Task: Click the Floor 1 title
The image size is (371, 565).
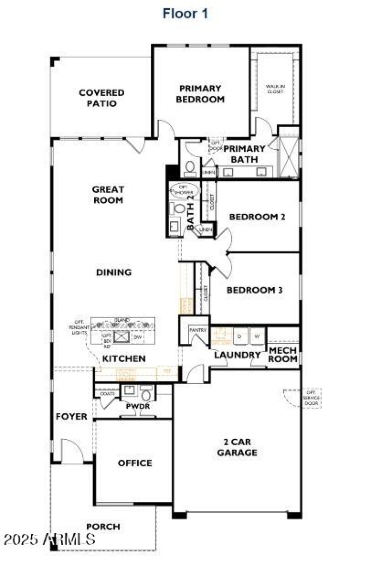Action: [x=185, y=13]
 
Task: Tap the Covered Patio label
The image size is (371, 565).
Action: [x=101, y=98]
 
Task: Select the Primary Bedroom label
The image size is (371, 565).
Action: [x=200, y=93]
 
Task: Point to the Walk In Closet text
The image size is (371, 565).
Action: [x=275, y=89]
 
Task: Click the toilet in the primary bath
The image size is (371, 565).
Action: [x=190, y=168]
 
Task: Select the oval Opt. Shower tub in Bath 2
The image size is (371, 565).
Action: [x=185, y=190]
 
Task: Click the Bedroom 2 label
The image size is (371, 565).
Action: [x=257, y=216]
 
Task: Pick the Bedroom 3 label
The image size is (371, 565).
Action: [x=255, y=290]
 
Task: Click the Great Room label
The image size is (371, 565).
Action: [x=108, y=195]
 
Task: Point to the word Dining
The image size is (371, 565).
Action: [x=114, y=272]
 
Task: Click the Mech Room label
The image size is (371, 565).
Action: [x=283, y=354]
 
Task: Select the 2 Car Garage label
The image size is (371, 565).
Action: [x=237, y=447]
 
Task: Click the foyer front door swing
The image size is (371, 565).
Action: [x=72, y=450]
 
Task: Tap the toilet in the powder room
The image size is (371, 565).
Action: [x=147, y=395]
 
